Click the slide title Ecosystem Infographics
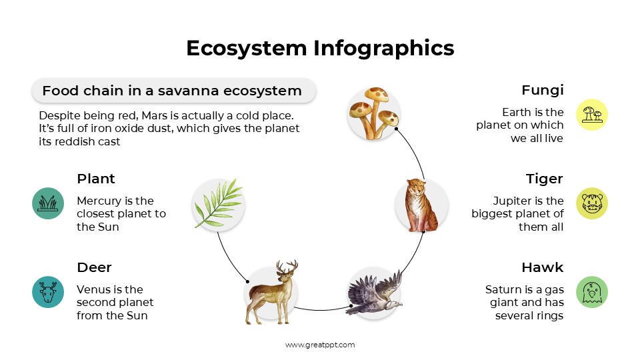[320, 48]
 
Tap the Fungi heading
[542, 90]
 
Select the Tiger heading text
[544, 179]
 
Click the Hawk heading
[542, 267]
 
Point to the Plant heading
[96, 179]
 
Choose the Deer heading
[94, 267]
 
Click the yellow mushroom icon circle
[592, 115]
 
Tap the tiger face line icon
[592, 203]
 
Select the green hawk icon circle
[592, 292]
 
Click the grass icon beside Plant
[48, 203]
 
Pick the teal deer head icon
[48, 292]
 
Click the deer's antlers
[287, 269]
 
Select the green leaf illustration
[217, 203]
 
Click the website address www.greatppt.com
[320, 345]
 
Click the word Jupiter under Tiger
[513, 201]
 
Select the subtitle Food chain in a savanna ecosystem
[172, 91]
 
